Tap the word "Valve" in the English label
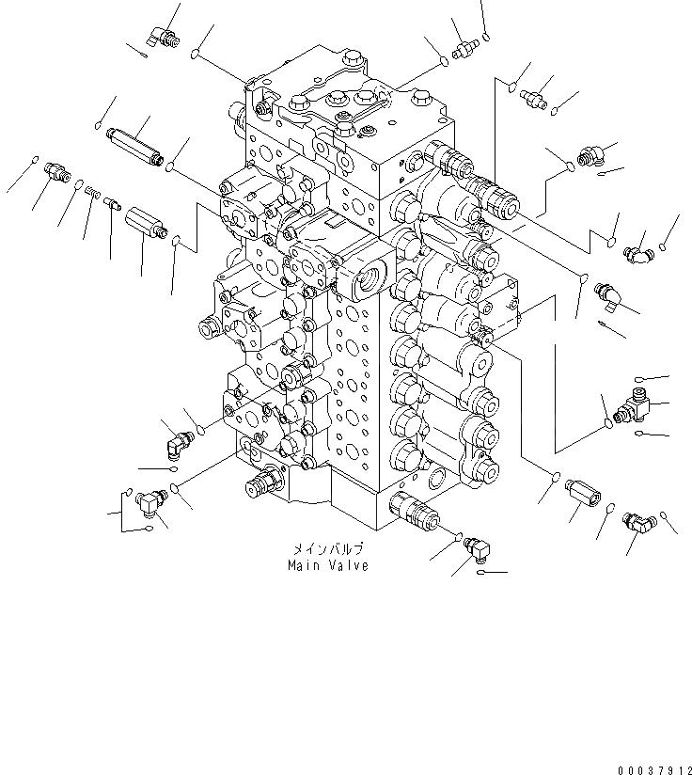point(347,565)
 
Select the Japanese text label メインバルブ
point(325,550)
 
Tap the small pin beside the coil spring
point(111,201)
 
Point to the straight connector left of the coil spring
point(58,171)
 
